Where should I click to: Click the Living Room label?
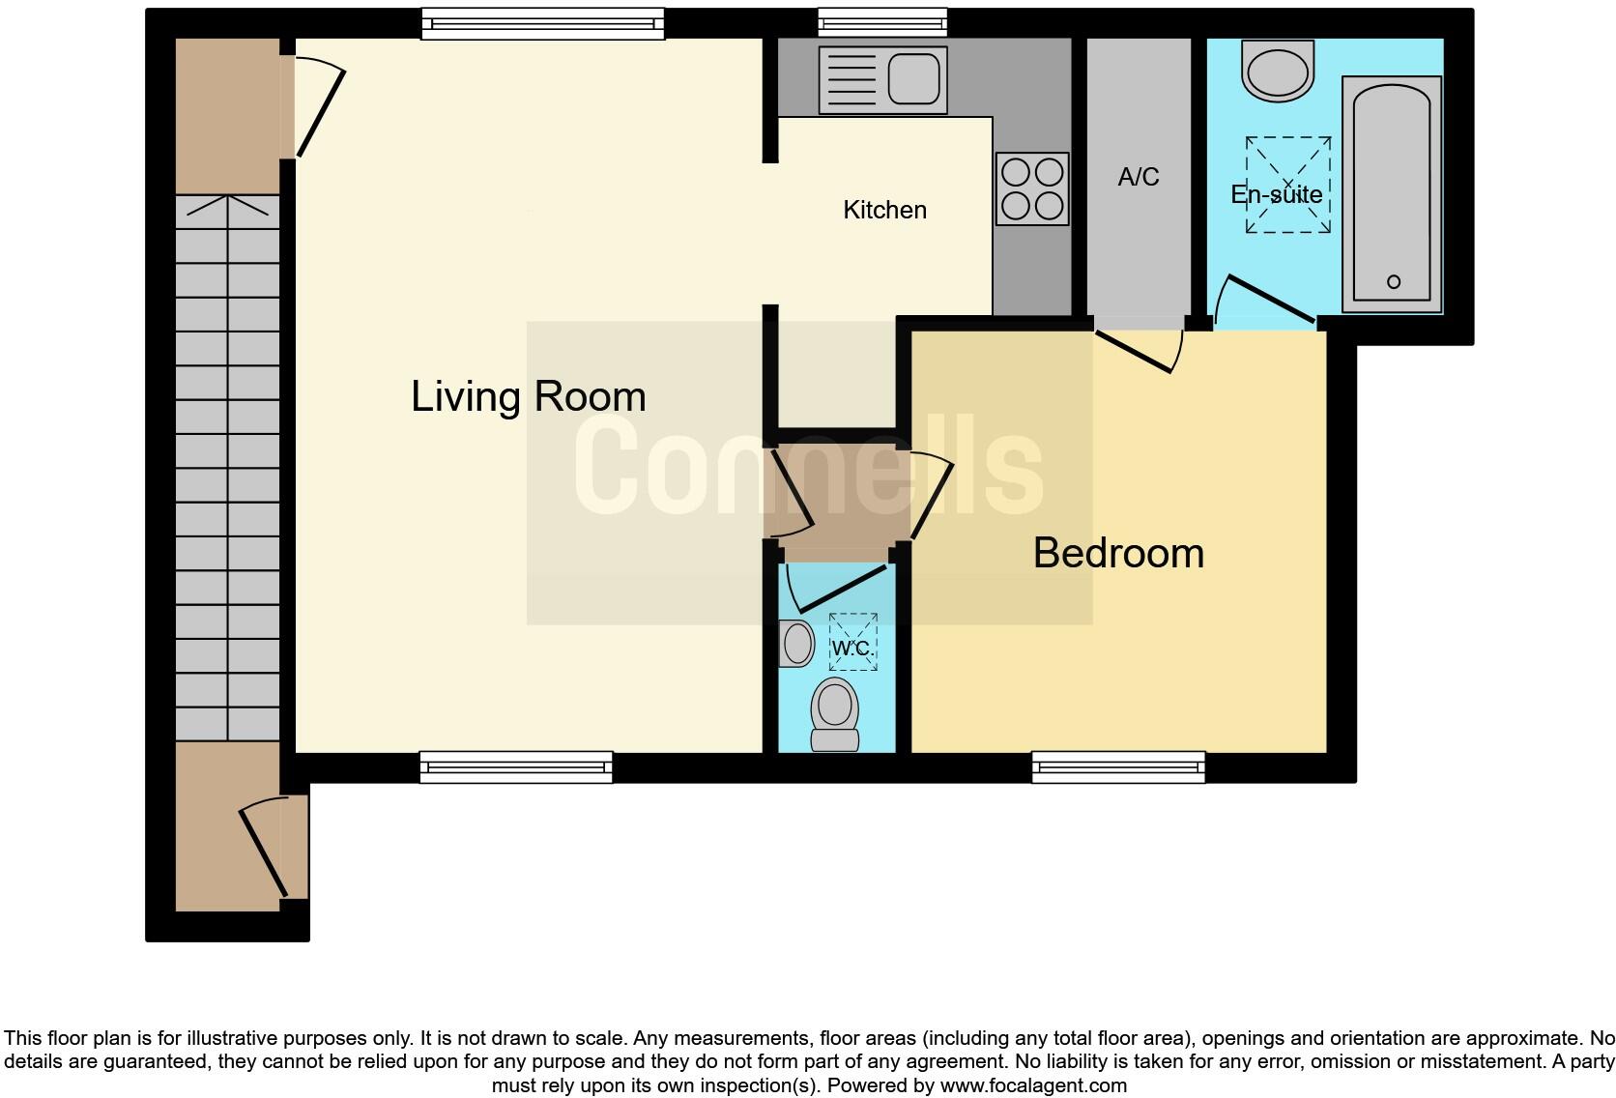click(x=528, y=396)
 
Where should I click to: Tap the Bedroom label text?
click(x=1118, y=553)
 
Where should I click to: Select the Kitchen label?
click(x=884, y=210)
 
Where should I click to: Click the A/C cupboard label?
click(x=1138, y=177)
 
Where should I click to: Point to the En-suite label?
click(x=1276, y=194)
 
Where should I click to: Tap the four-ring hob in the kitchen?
click(x=1032, y=188)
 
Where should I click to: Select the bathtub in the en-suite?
click(x=1392, y=193)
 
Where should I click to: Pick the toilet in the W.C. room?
click(x=835, y=713)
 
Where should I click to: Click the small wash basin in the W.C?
click(x=796, y=644)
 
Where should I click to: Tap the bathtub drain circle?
click(x=1393, y=282)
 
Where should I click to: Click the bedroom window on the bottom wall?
click(x=1118, y=767)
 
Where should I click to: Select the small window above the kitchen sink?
click(x=881, y=21)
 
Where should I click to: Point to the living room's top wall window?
click(x=543, y=23)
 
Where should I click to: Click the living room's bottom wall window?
click(x=516, y=767)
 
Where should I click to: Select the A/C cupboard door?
click(x=1136, y=351)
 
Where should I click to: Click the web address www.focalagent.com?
click(x=1033, y=1085)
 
